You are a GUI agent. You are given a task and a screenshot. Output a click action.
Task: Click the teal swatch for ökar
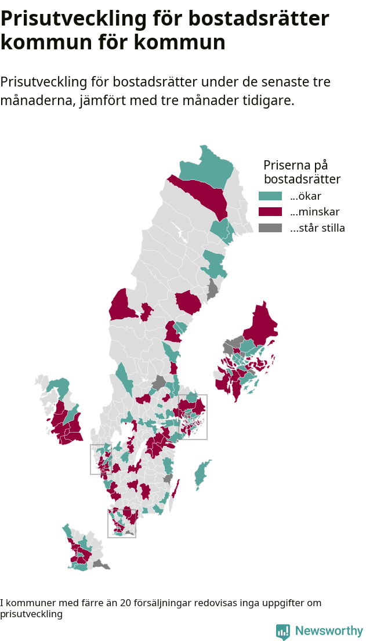(x=270, y=196)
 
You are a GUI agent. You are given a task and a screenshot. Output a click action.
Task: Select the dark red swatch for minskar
(x=270, y=212)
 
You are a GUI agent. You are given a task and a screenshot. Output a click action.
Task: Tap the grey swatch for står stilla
(x=270, y=228)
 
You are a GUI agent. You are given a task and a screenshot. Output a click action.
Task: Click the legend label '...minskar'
(x=314, y=212)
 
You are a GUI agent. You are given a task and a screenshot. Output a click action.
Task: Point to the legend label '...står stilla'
(x=317, y=228)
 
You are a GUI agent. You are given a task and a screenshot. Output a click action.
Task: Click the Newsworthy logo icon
(x=282, y=632)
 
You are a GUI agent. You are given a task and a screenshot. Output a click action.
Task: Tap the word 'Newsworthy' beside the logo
(x=329, y=631)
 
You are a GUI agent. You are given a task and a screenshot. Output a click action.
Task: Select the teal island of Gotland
(x=201, y=474)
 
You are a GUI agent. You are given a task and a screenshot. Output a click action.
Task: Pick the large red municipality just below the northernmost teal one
(x=203, y=195)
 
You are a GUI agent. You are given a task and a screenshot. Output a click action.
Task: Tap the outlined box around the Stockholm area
(x=193, y=417)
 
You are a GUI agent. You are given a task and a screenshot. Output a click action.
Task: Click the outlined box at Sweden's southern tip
(x=122, y=523)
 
